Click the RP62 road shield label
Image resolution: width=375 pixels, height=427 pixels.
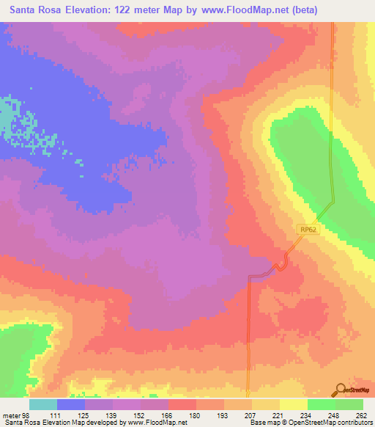tap(307, 230)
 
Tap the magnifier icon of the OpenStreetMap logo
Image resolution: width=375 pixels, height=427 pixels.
tap(341, 389)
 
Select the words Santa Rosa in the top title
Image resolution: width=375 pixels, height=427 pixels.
tap(34, 11)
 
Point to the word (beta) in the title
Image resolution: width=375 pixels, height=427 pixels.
tap(344, 11)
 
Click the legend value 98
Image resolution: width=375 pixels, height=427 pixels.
tap(28, 415)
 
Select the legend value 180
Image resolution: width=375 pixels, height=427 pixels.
tap(195, 415)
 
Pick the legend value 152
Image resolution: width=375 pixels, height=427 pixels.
tap(139, 415)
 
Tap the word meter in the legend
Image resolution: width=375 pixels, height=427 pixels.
tap(12, 415)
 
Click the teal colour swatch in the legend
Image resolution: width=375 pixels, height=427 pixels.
tap(43, 404)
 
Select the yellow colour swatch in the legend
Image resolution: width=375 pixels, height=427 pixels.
tap(293, 404)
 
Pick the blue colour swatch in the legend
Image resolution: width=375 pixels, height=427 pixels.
tap(71, 404)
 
